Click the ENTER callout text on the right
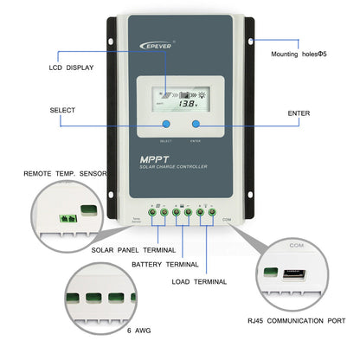299,112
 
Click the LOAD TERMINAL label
198,281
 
